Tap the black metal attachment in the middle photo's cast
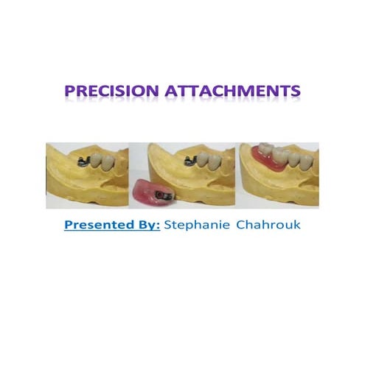(189, 159)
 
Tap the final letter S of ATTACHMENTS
(295, 92)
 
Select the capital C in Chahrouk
(241, 224)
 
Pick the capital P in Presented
(68, 224)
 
